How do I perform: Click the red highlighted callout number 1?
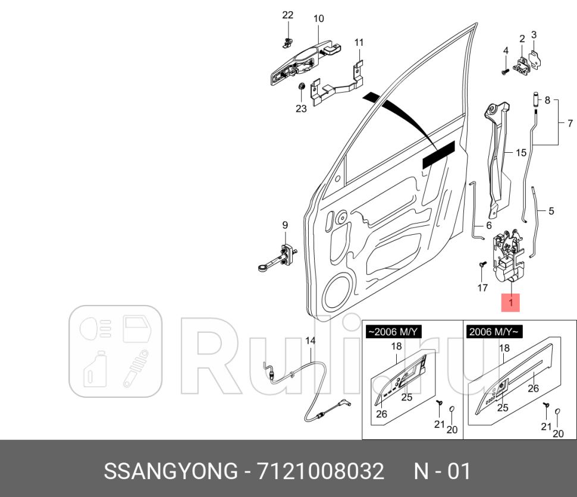tap(510, 303)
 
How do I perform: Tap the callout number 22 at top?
tap(287, 15)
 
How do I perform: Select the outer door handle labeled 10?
tap(300, 62)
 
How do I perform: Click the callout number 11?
tap(359, 42)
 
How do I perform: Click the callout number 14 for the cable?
tap(310, 341)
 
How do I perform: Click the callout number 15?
tap(520, 153)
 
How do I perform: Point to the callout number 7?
tap(569, 124)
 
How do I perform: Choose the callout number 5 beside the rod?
tap(551, 210)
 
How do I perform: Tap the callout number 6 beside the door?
tap(488, 225)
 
